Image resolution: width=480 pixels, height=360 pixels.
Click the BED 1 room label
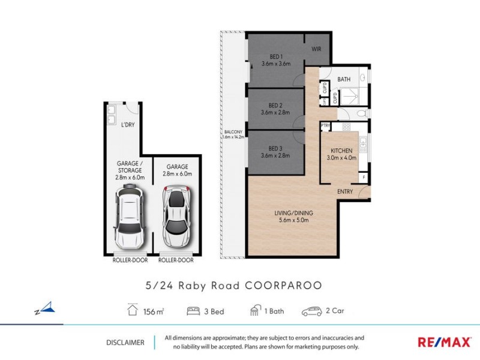[275, 56]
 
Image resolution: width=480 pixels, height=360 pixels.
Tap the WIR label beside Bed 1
[316, 50]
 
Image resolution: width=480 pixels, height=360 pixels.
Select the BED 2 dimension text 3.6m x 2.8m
[275, 112]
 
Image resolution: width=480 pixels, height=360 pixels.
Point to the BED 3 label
[275, 148]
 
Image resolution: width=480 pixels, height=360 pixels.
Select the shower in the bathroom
[348, 96]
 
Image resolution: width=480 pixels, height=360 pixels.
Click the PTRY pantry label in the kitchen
[326, 126]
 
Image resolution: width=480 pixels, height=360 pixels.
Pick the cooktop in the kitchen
[346, 127]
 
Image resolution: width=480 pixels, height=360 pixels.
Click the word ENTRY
[344, 192]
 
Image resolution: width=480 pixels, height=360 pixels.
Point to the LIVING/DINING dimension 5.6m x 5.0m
[294, 220]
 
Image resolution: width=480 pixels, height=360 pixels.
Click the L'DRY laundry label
[128, 125]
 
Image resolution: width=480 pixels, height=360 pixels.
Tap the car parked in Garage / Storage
[130, 215]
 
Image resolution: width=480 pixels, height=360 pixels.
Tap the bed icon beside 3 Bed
[193, 311]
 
